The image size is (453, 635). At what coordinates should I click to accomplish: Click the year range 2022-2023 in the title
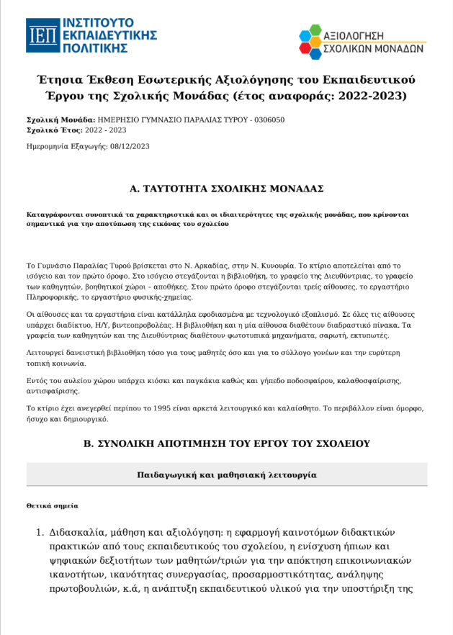click(374, 95)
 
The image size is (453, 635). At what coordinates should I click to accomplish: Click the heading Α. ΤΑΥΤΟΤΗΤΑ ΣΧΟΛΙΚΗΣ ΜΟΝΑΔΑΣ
click(226, 189)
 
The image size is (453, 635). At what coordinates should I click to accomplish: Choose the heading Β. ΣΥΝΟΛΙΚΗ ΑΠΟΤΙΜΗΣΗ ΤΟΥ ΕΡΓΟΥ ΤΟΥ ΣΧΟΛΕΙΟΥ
click(226, 444)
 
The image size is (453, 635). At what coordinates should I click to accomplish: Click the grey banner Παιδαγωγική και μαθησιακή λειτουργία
click(226, 475)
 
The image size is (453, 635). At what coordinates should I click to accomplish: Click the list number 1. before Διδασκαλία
click(40, 533)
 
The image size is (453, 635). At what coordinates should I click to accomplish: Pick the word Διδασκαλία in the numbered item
click(78, 533)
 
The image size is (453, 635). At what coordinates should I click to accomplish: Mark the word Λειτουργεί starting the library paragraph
click(45, 352)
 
